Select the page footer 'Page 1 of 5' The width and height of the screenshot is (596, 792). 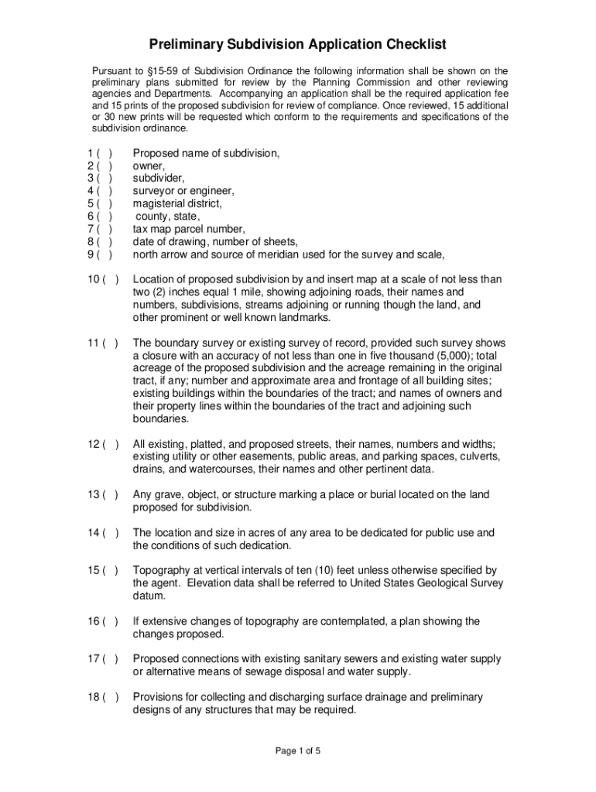coord(298,751)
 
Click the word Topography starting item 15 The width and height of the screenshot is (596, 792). coord(163,570)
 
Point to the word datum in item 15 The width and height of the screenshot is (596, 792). coord(149,596)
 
